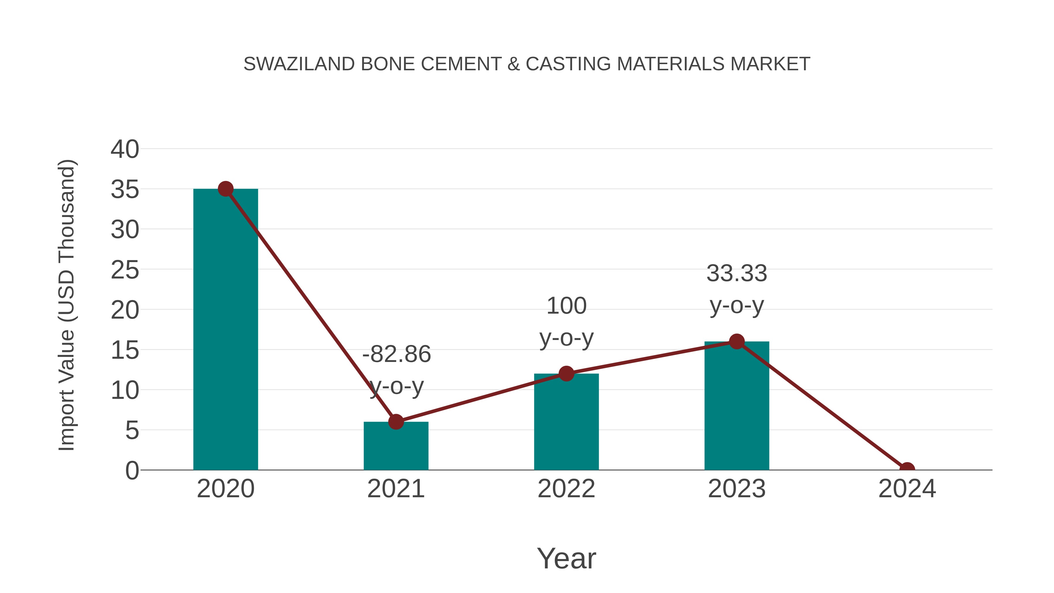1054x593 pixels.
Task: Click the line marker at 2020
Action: pyautogui.click(x=225, y=189)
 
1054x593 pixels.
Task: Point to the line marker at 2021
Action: pyautogui.click(x=396, y=421)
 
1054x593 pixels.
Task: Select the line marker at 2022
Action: pyautogui.click(x=566, y=373)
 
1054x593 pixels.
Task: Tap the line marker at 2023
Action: pyautogui.click(x=737, y=341)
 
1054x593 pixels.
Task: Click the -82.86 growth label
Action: pyautogui.click(x=396, y=354)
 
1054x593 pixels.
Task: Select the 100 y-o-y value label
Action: pyautogui.click(x=566, y=306)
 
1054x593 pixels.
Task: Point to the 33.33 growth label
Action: pyautogui.click(x=737, y=274)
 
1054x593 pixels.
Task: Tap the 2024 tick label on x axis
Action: pyautogui.click(x=907, y=489)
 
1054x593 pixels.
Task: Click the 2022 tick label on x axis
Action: pyautogui.click(x=566, y=489)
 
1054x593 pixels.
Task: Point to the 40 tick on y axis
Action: pyautogui.click(x=125, y=149)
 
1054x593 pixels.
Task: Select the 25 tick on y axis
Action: pyautogui.click(x=125, y=270)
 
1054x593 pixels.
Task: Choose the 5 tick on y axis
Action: pyautogui.click(x=132, y=430)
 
